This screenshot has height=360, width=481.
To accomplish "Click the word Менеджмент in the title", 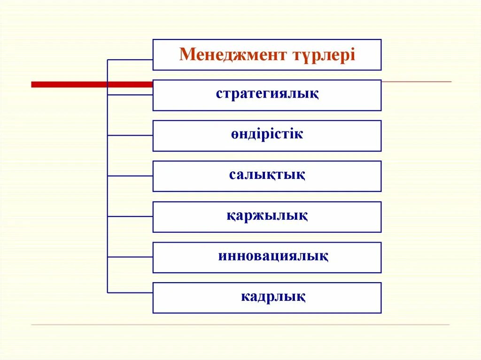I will pyautogui.click(x=233, y=55).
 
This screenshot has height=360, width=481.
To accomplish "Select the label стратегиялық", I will pyautogui.click(x=267, y=94).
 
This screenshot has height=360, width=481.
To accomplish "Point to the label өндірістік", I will pyautogui.click(x=267, y=134).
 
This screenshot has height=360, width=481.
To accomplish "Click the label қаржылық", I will pyautogui.click(x=267, y=216).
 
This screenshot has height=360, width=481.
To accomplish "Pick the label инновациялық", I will pyautogui.click(x=273, y=257).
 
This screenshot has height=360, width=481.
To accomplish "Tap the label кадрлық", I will pyautogui.click(x=273, y=297).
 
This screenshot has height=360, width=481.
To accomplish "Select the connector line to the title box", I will pyautogui.click(x=130, y=60).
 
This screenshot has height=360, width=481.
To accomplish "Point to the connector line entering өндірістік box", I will pyautogui.click(x=130, y=135).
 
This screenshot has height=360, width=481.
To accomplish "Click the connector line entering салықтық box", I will pyautogui.click(x=130, y=176).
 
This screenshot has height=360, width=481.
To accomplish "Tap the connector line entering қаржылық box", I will pyautogui.click(x=130, y=216).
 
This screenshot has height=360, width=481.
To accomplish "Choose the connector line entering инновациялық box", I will pyautogui.click(x=130, y=257).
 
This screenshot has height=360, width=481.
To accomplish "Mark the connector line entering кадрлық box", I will pyautogui.click(x=130, y=292).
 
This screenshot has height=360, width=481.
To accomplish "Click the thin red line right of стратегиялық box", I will pyautogui.click(x=416, y=82).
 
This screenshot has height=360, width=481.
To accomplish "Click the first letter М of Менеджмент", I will pyautogui.click(x=185, y=55).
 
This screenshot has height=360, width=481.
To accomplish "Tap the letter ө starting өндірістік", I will pyautogui.click(x=234, y=135).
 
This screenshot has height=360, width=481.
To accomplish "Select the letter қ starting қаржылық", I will pyautogui.click(x=231, y=217).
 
